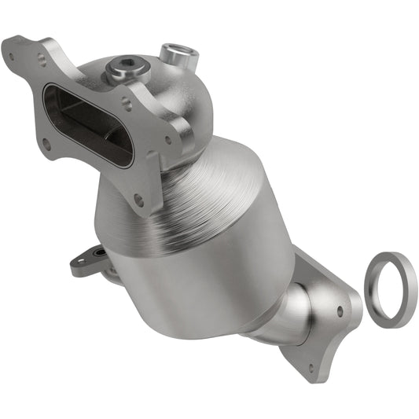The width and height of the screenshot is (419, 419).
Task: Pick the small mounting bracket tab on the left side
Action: (x=88, y=260)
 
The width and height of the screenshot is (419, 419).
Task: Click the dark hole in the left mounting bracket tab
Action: (x=95, y=253)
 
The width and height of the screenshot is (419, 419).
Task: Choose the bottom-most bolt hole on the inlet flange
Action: (x=138, y=200)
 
